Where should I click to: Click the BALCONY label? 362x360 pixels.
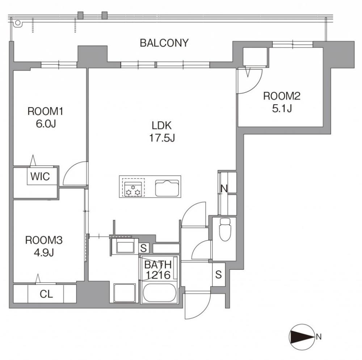pos(164,43)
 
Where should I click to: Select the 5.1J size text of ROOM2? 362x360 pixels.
pos(282,108)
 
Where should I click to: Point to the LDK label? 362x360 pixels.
pos(161,125)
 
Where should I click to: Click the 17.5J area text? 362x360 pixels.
pos(162,138)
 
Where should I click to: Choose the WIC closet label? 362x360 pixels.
pos(40,176)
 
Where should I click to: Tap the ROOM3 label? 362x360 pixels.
pos(44,240)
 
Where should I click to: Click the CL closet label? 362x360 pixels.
pos(46,294)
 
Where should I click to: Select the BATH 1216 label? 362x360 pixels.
pos(158,270)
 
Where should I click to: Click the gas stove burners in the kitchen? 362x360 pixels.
pos(133,189)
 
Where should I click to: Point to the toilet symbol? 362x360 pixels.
pos(225,229)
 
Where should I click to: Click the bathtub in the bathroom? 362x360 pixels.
pos(160,293)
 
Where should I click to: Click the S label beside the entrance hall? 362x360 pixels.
pos(218,275)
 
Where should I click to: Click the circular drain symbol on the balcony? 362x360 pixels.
pos(17,23)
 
